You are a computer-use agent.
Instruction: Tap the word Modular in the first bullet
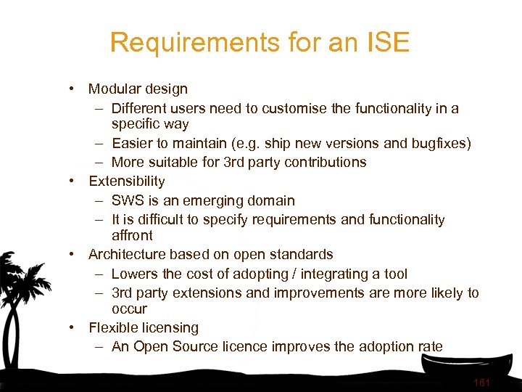point(115,89)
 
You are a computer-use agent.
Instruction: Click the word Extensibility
point(127,181)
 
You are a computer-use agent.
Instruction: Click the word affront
point(132,235)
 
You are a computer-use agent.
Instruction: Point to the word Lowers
point(134,274)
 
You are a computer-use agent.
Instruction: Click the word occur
point(129,309)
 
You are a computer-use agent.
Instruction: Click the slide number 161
point(482,383)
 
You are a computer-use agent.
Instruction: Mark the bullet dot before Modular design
point(74,89)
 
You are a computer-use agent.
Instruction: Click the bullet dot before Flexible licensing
point(74,328)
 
